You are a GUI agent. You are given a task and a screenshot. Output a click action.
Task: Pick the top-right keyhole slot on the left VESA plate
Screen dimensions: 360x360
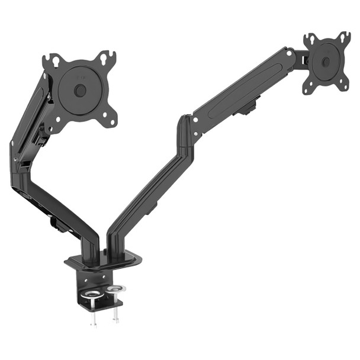[106, 58]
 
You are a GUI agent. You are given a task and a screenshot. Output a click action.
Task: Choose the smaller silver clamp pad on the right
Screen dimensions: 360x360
[116, 289]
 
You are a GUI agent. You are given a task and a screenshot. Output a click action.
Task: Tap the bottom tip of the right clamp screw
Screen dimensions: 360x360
[115, 320]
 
